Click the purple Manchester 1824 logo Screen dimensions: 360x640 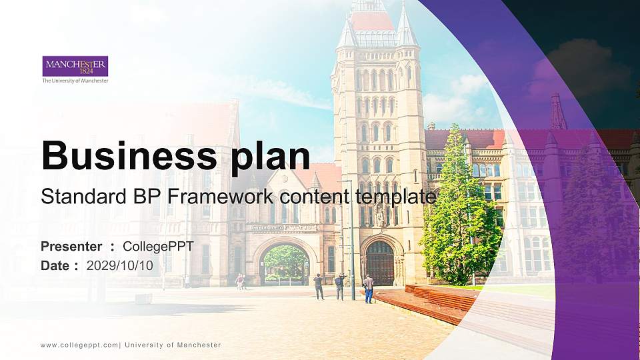pos(75,66)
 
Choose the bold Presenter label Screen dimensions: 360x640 pos(71,247)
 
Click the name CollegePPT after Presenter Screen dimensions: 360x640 pos(158,247)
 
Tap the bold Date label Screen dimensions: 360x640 pos(55,265)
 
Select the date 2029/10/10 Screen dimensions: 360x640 pos(120,265)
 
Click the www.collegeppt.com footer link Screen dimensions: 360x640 pos(79,345)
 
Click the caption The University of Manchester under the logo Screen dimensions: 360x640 pos(75,81)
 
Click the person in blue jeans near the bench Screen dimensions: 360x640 pos(368,289)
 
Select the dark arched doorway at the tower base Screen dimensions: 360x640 pos(380,263)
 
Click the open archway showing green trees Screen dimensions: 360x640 pos(286,264)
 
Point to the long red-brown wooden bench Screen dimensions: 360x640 pos(433,302)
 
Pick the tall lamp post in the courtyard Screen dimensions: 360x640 pos(351,240)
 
